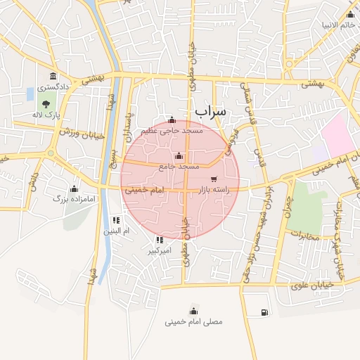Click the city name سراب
210,112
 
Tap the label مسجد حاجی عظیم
172,131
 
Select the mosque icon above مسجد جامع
179,155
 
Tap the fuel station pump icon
264,312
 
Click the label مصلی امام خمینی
193,322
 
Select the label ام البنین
117,231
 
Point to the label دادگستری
53,88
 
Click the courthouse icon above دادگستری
53,77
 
